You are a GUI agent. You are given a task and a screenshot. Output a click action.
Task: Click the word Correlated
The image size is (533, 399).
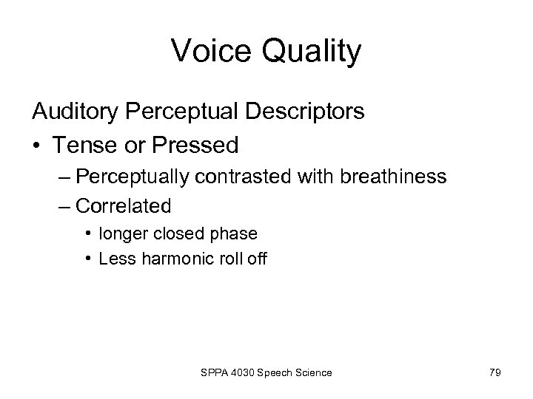pyautogui.click(x=124, y=205)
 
